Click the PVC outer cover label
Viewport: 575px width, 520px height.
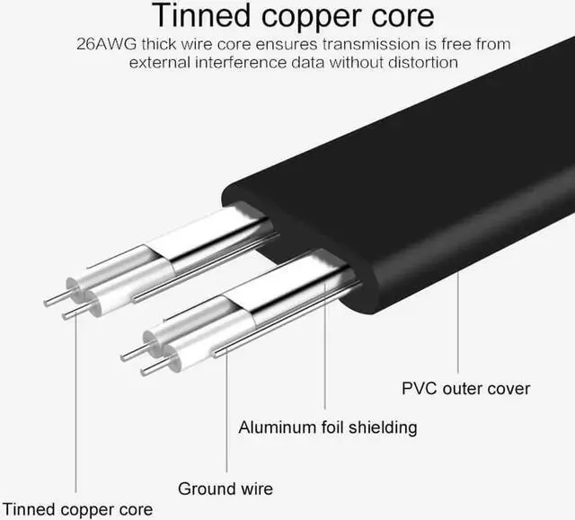click(x=465, y=389)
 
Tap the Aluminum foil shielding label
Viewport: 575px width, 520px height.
click(x=327, y=427)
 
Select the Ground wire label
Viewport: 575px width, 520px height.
click(x=226, y=489)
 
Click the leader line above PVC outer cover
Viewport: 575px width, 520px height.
click(x=459, y=323)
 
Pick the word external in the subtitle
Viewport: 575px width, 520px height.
click(x=158, y=62)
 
